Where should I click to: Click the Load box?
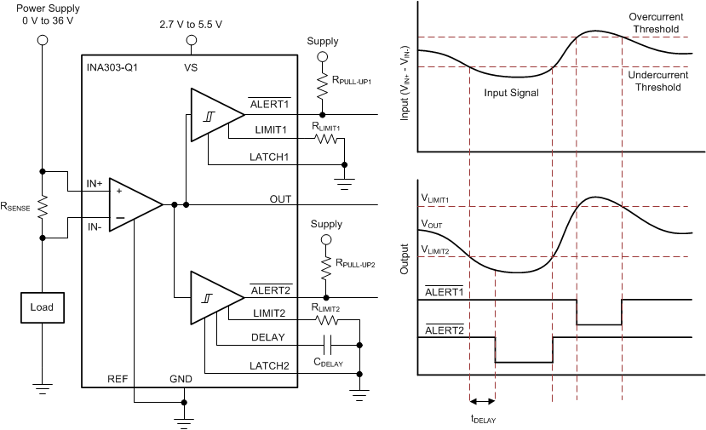click(43, 307)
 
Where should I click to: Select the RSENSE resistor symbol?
click(43, 207)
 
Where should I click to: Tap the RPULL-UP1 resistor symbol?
click(322, 86)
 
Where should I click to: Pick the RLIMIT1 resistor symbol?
click(326, 139)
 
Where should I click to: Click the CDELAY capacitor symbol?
click(328, 346)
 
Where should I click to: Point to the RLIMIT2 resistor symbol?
click(327, 320)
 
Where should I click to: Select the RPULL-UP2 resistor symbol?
click(326, 269)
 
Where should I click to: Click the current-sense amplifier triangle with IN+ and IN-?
click(136, 204)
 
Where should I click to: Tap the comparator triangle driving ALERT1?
click(218, 115)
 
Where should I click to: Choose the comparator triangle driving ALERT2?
click(218, 298)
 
